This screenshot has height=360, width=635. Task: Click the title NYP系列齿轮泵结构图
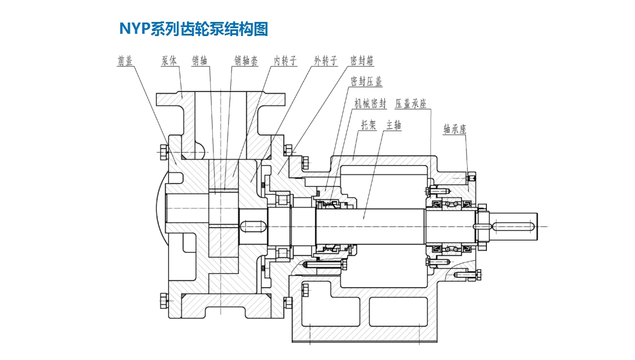point(193,29)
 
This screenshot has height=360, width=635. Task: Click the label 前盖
point(125,61)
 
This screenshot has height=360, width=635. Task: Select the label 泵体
point(169,61)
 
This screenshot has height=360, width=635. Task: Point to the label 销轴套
point(246,61)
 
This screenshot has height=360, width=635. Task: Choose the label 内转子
point(285,61)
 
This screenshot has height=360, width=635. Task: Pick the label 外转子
point(326,61)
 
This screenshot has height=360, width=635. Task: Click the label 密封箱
point(362,61)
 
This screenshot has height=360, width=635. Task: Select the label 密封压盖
point(366,82)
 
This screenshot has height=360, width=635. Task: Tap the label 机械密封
point(370,104)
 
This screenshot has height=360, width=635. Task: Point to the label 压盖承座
point(411,104)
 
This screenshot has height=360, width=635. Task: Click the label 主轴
point(394,125)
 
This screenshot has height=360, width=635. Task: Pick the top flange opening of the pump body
point(221,97)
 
